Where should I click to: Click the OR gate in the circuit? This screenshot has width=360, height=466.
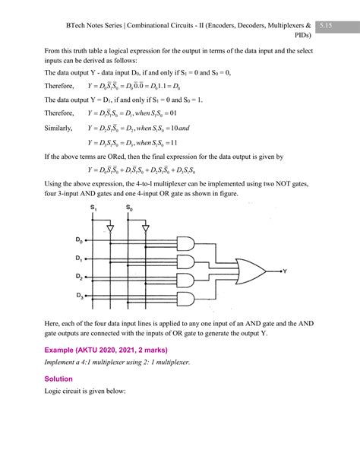tap(251, 270)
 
